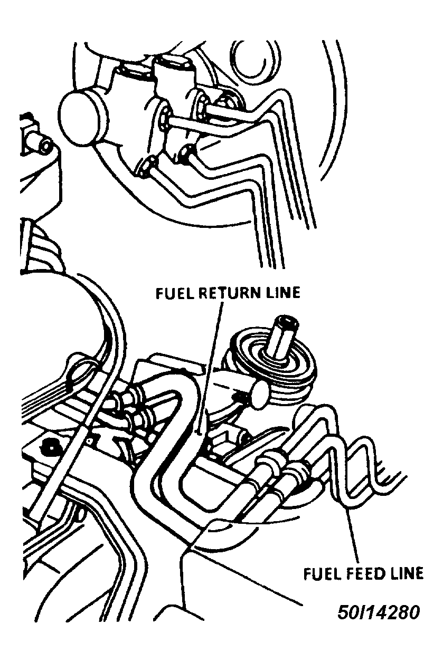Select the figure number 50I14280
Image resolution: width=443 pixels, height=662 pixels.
(378, 612)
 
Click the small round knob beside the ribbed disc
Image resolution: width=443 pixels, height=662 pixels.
(260, 394)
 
